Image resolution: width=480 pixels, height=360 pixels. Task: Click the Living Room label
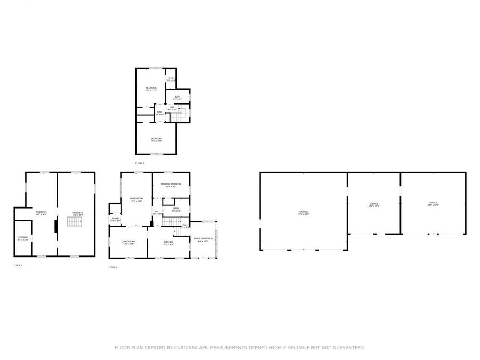pos(136,200)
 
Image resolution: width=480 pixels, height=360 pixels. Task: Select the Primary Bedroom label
pos(171,185)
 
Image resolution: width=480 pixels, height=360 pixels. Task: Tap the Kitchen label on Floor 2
pos(169,242)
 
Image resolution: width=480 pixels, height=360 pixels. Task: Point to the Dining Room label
pos(129,242)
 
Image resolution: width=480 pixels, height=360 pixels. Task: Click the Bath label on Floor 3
pos(177,98)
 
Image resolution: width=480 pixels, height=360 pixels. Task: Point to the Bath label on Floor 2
pos(175,209)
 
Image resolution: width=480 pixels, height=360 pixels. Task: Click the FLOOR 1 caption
pos(18,265)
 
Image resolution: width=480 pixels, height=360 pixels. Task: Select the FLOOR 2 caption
pos(113,267)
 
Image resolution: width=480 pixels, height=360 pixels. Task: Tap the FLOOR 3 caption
pos(140,163)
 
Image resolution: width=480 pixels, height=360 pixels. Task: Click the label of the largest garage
pos(303,213)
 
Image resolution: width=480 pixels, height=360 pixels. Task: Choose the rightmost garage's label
pos(433,203)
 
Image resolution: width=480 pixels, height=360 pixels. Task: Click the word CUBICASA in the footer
pos(194,348)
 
